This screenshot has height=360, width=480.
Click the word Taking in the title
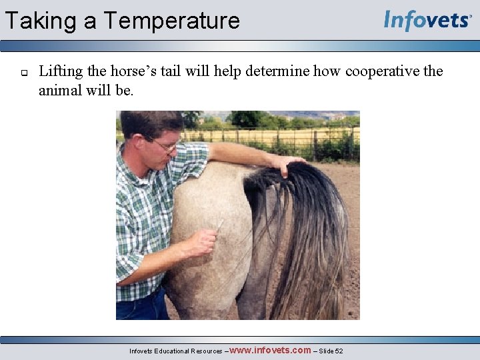(x=41, y=21)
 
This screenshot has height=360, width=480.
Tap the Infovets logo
(x=427, y=20)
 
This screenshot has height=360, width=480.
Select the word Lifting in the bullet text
(x=61, y=72)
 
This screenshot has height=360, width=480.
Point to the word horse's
(x=133, y=72)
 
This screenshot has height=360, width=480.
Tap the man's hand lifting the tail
(x=287, y=163)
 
